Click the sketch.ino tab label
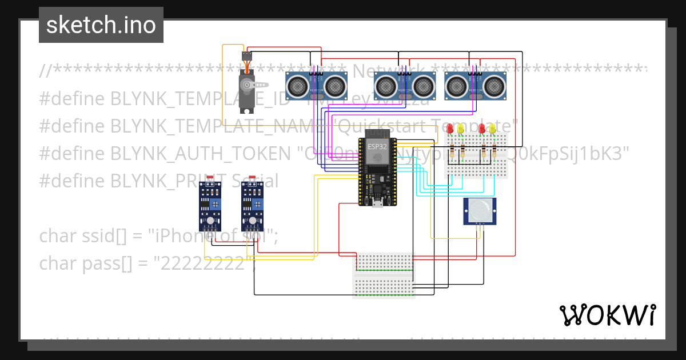101,25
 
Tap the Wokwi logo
607,315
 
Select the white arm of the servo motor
248,86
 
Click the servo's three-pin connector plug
246,56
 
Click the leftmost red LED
450,129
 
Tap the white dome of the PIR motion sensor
479,210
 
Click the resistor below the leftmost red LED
452,151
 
